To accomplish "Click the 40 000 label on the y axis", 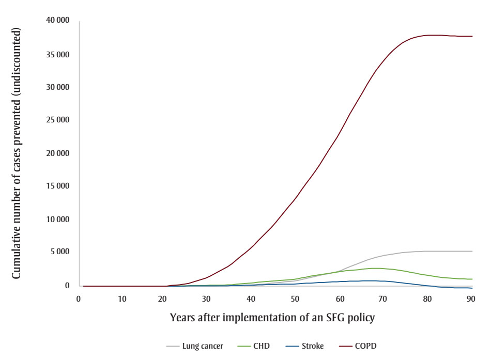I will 58,21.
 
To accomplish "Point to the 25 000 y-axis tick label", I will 58,120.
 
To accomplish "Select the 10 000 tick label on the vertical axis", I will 58,220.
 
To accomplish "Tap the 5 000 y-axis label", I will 60,253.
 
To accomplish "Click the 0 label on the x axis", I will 79,299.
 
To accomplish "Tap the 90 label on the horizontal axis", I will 471,299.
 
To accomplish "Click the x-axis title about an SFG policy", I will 272,318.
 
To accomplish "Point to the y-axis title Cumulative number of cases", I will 17,153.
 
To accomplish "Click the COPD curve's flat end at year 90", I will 472,36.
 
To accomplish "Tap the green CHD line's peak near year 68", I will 376,268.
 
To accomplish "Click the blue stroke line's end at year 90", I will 472,288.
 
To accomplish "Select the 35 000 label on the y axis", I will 58,54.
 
